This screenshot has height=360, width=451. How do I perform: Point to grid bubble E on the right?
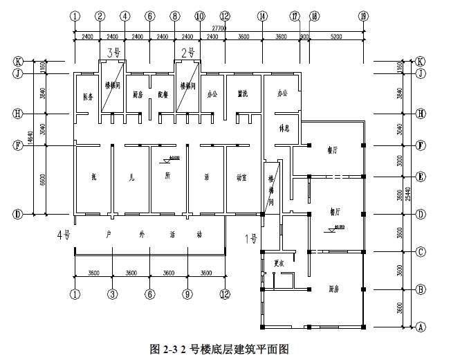pyautogui.click(x=419, y=176)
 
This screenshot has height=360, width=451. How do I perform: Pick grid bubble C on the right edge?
pyautogui.click(x=419, y=252)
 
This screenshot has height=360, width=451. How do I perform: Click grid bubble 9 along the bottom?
pyautogui.click(x=187, y=294)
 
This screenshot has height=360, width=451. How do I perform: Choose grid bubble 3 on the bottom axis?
pyautogui.click(x=111, y=294)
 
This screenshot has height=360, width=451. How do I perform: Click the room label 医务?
pyautogui.click(x=87, y=97)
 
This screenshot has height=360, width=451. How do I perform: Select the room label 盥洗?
pyautogui.click(x=243, y=93)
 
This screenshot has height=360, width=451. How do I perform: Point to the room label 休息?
pyautogui.click(x=282, y=129)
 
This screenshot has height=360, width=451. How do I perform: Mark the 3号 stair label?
pyautogui.click(x=114, y=52)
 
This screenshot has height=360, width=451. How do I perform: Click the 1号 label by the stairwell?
pyautogui.click(x=252, y=240)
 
